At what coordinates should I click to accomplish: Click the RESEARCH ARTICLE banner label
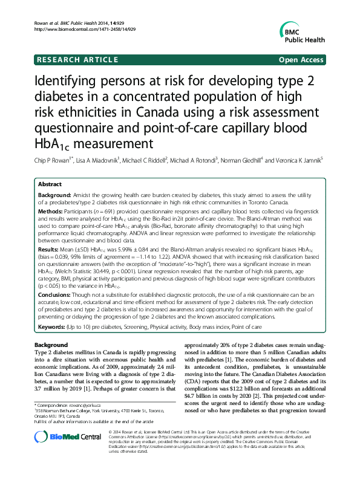(x=77, y=60)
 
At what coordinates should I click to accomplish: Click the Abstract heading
(x=50, y=184)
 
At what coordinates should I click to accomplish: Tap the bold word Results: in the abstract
(x=51, y=248)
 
